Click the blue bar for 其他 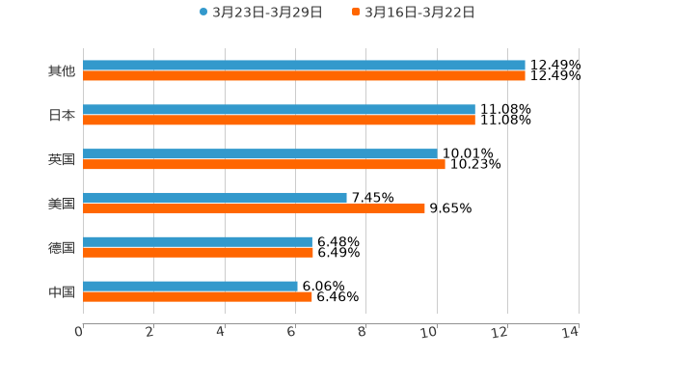[304, 66]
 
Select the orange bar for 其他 [304, 76]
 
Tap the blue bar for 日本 [279, 110]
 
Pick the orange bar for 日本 [279, 121]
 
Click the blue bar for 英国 [259, 154]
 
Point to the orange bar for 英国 [264, 165]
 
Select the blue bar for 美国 [215, 198]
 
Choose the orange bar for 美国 [254, 208]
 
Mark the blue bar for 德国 [198, 242]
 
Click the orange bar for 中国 [198, 297]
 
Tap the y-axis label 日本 [62, 116]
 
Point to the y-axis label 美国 [62, 204]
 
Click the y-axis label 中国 [62, 291]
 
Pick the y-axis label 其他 [62, 71]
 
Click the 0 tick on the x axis [80, 332]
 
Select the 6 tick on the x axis [292, 332]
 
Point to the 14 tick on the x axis [572, 332]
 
